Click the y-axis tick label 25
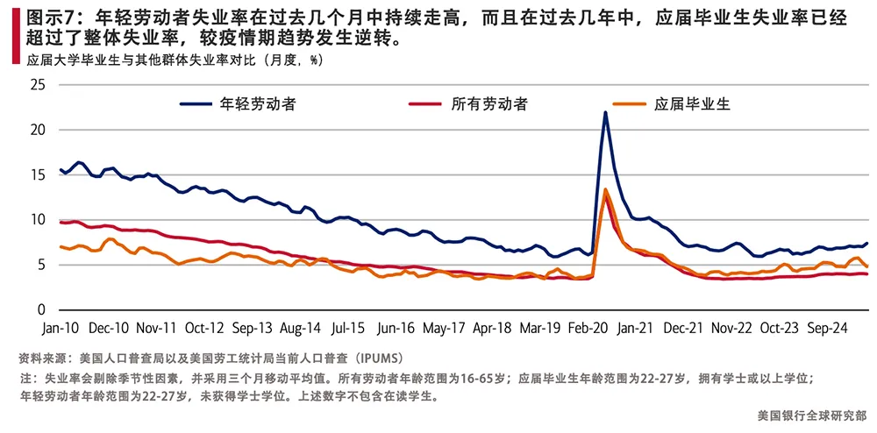pyautogui.click(x=36, y=85)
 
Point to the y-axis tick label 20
pyautogui.click(x=36, y=130)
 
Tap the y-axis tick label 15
pyautogui.click(x=36, y=174)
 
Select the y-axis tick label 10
pyautogui.click(x=36, y=220)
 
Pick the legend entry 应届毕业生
pyautogui.click(x=692, y=103)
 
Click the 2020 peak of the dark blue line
pyautogui.click(x=605, y=112)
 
